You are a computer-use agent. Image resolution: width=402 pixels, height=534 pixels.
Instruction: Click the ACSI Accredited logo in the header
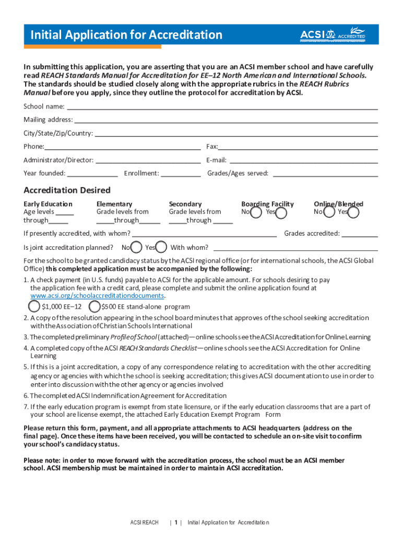point(333,35)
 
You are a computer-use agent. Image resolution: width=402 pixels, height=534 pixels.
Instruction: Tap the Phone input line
point(122,147)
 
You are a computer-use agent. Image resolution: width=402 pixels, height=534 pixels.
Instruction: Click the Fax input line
point(298,147)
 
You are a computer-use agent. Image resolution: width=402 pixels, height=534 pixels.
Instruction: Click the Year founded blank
point(92,173)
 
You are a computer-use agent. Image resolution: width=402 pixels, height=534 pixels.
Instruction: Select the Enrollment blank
point(181,173)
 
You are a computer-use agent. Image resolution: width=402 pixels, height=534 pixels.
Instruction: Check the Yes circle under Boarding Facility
point(281,213)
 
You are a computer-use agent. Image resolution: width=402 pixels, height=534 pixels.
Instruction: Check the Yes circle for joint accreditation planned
point(162,247)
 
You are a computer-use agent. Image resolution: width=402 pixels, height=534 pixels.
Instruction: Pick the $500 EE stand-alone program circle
point(94,306)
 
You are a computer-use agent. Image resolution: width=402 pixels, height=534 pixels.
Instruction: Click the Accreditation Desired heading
point(67,190)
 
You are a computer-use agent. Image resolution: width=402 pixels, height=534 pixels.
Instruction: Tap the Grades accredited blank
point(360,234)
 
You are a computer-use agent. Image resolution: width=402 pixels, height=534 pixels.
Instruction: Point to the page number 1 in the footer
point(176,523)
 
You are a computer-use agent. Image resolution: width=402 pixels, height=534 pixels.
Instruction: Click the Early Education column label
point(48,204)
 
